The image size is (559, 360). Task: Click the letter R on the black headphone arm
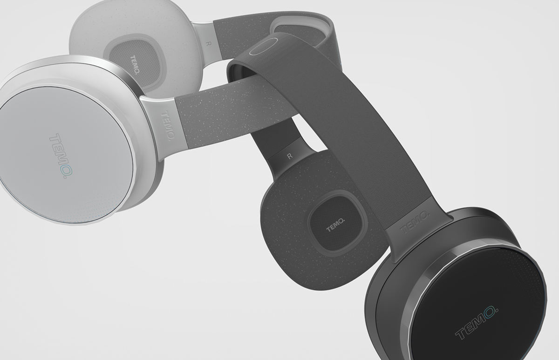[x=290, y=156]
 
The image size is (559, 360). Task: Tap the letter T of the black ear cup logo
[x=460, y=335]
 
